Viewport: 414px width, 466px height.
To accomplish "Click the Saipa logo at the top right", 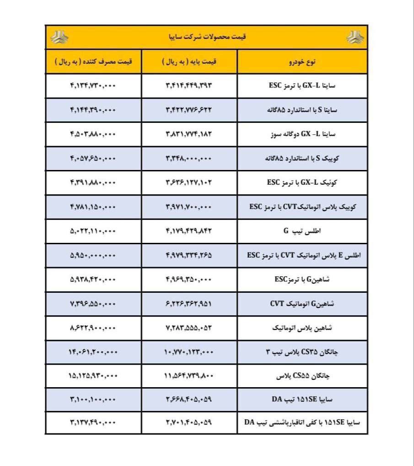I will point(354,38).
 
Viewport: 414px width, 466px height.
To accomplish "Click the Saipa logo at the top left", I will point(59,38).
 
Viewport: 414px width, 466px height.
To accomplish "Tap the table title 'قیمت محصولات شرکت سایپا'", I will point(207,38).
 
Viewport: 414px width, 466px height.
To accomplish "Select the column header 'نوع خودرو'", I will point(302,62).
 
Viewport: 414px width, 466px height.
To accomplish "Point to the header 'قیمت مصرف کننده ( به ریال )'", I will point(93,62).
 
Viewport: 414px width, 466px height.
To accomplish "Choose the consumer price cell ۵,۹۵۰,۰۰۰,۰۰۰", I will point(93,255).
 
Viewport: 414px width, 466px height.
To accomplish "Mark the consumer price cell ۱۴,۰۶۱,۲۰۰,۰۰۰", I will point(93,352).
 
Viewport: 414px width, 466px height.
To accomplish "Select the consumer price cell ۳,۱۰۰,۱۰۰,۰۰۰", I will point(93,400).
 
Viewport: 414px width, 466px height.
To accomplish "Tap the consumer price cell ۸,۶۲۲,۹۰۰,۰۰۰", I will point(93,328).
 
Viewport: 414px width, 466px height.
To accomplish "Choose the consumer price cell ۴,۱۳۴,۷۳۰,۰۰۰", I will point(93,86).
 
